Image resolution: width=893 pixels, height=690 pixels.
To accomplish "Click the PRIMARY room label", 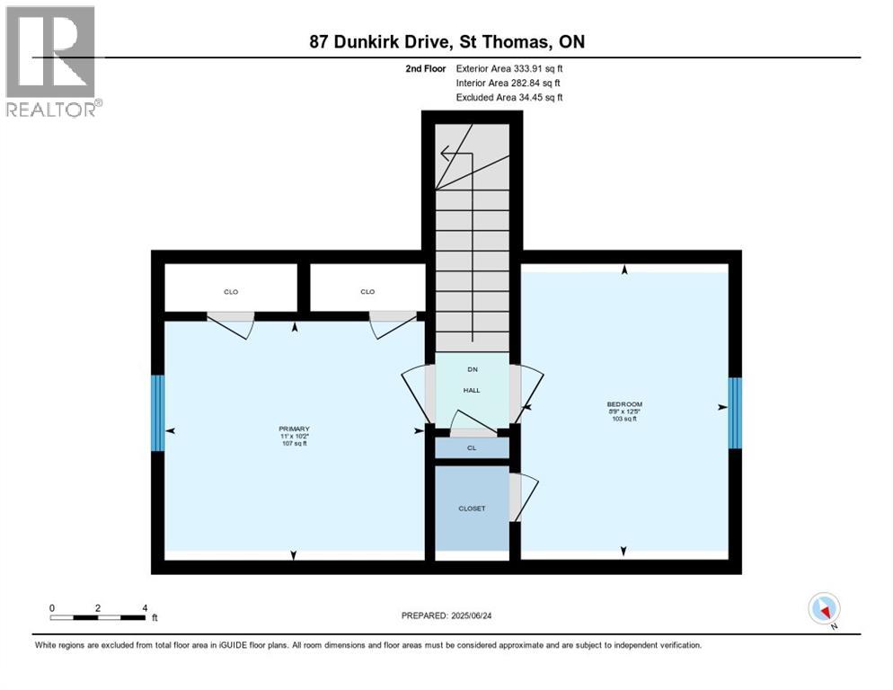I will pyautogui.click(x=294, y=429).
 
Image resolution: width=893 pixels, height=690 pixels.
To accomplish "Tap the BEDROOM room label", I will pyautogui.click(x=624, y=404).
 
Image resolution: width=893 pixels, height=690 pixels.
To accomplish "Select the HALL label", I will pyautogui.click(x=472, y=390).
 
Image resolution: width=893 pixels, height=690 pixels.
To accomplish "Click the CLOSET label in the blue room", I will pyautogui.click(x=472, y=509).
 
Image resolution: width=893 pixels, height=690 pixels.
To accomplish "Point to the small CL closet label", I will pyautogui.click(x=472, y=447).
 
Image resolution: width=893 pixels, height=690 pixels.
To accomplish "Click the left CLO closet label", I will pyautogui.click(x=231, y=291).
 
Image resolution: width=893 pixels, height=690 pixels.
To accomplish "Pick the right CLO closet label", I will pyautogui.click(x=367, y=291).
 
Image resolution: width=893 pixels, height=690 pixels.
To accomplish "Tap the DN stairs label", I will pyautogui.click(x=472, y=369).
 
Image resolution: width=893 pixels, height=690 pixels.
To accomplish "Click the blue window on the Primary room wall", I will pyautogui.click(x=157, y=412).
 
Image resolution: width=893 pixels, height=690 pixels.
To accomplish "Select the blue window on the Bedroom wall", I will pyautogui.click(x=735, y=412).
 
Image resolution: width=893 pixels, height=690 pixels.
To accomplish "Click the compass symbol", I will pyautogui.click(x=824, y=609).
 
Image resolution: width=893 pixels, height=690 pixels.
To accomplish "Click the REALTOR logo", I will pyautogui.click(x=52, y=61).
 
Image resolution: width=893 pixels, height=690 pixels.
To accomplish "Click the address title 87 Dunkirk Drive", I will pyautogui.click(x=446, y=42).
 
